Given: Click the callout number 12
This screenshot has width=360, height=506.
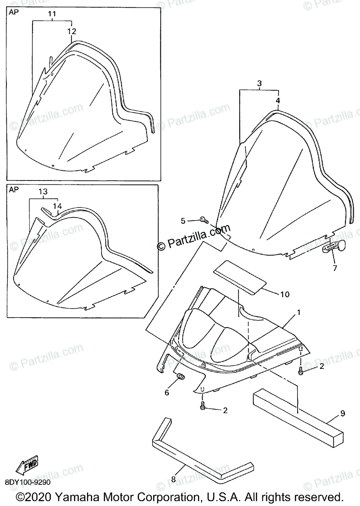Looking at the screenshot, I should click(72, 31).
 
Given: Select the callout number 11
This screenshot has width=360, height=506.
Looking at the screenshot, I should click(52, 14).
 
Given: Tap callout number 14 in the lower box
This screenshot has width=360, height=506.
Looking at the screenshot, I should click(57, 206).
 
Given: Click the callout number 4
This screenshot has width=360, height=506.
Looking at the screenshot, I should click(278, 101).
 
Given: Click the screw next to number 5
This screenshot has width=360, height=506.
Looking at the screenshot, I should click(204, 220).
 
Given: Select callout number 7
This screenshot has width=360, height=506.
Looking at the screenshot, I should click(335, 268).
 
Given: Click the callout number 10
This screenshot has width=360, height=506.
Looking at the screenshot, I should click(285, 294).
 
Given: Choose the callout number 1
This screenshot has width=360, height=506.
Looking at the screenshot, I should click(298, 312).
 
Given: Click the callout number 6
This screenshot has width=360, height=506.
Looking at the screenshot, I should click(167, 393).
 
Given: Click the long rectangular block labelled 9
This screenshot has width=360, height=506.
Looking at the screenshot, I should click(295, 415).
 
